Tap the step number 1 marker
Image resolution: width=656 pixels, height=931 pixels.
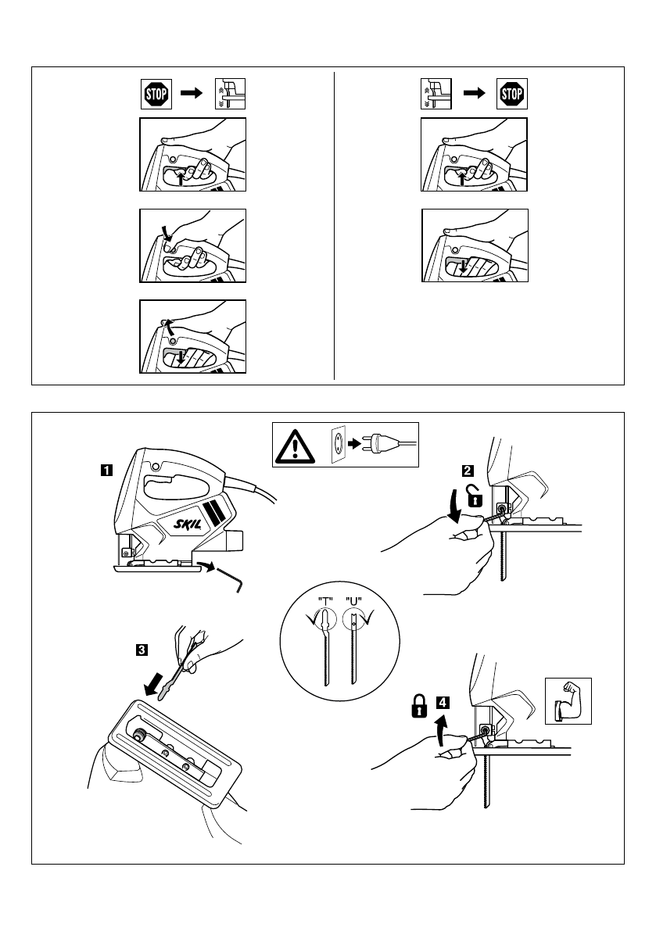tap(105, 471)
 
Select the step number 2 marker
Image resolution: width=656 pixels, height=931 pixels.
tap(467, 471)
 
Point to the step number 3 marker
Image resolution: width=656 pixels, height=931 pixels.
tap(142, 648)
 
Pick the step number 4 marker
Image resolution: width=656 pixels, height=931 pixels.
tap(443, 702)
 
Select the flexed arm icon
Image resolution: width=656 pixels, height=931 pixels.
tap(568, 700)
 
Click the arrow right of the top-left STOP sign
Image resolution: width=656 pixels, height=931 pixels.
tap(191, 94)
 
